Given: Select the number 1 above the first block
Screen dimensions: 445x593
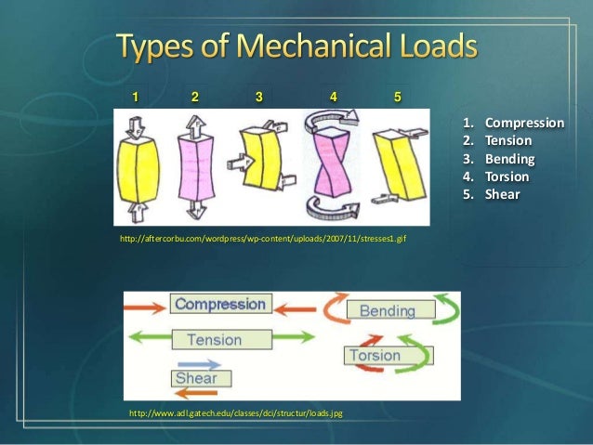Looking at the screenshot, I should point(136,96).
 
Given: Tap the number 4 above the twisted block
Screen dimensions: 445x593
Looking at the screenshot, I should point(333,96).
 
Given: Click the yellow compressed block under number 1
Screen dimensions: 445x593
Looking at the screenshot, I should point(137,167).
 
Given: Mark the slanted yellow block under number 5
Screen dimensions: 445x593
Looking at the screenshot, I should point(396,165).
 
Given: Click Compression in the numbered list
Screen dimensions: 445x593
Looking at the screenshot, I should point(524,123).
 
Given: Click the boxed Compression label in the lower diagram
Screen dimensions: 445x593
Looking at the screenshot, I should point(221,305).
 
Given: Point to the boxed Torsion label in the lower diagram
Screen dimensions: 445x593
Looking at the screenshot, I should point(376,355).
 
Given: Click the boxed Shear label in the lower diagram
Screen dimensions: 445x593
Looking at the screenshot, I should point(197,378).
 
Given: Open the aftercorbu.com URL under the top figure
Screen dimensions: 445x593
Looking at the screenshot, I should point(263,239).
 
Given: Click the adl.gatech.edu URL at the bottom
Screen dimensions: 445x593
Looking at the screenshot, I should point(235,412).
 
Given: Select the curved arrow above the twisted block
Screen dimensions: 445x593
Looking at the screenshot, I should point(332,117).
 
